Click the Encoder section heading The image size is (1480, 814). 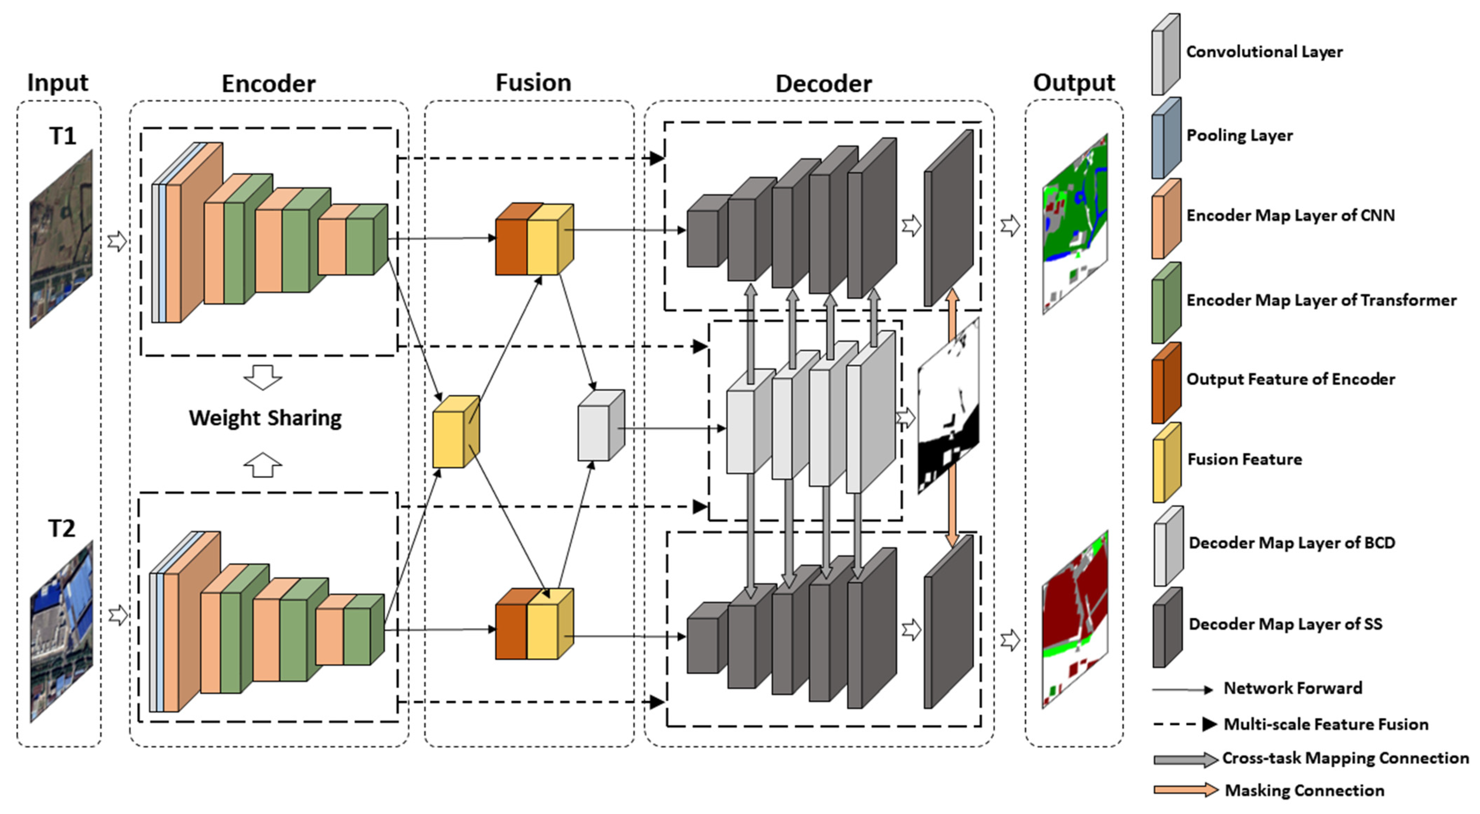click(268, 84)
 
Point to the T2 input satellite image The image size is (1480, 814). click(61, 631)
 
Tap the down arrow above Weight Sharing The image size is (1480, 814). click(263, 377)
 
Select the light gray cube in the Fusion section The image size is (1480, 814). click(600, 426)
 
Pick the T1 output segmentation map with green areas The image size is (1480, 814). click(1074, 224)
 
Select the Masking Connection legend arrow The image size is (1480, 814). click(1185, 790)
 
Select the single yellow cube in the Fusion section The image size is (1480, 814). click(455, 432)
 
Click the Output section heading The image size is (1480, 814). click(1073, 83)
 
